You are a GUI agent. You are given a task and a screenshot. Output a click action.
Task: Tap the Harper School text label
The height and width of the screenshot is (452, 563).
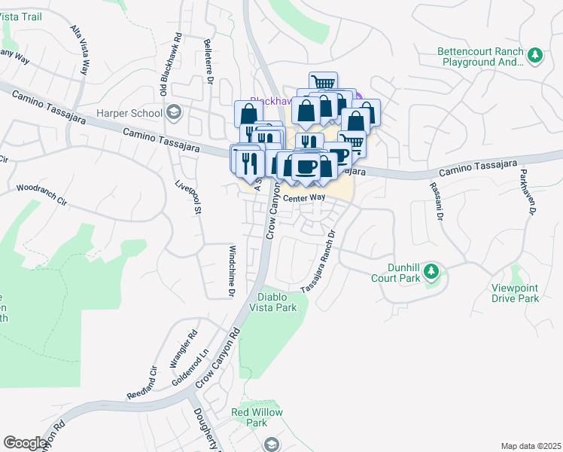pos(129,114)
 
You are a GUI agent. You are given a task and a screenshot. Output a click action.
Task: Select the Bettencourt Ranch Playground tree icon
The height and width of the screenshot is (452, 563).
pos(535,55)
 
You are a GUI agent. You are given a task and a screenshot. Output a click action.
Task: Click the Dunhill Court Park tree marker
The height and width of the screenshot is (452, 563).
pos(431,270)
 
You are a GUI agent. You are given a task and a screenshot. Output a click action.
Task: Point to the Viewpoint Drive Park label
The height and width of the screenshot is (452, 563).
pos(516,293)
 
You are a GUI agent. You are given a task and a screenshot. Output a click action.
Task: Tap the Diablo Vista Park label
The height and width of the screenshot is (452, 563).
pos(276,302)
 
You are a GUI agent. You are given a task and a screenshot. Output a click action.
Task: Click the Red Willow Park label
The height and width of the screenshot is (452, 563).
pos(257,417)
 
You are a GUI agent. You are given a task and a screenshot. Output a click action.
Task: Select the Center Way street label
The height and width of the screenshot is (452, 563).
pos(304,197)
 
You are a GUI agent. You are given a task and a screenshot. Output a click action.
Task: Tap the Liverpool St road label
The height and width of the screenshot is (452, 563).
pos(189,197)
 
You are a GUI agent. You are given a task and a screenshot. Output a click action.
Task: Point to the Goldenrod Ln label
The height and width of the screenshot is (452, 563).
pos(197,365)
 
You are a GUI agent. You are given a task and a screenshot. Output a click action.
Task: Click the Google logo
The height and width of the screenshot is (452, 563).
pos(26,443)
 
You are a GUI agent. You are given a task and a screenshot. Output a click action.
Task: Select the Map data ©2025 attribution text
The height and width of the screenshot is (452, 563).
pos(531,446)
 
